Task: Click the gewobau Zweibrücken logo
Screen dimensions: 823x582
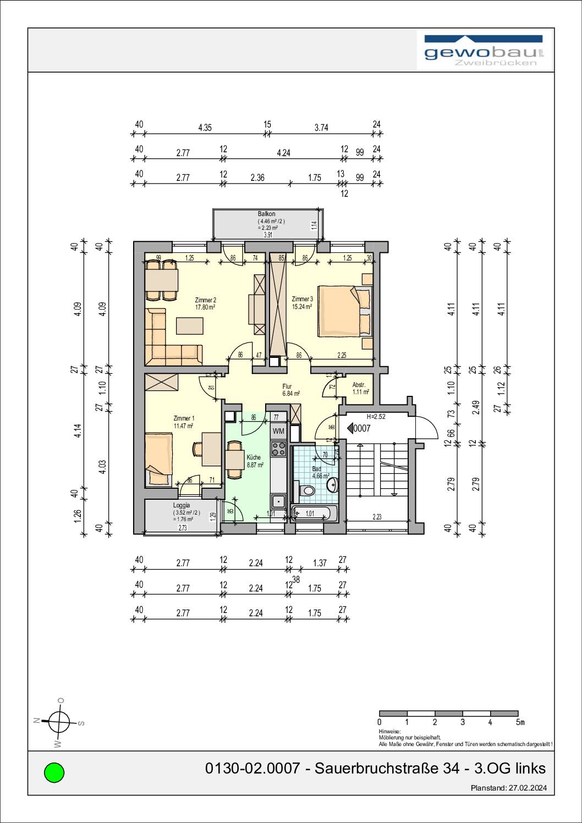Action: point(484,51)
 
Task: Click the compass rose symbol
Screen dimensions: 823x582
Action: point(59,721)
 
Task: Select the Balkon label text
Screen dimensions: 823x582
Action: point(267,214)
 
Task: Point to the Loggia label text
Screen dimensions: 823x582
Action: point(182,505)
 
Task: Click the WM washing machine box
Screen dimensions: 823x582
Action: point(278,431)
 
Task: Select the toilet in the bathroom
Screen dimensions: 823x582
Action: point(307,489)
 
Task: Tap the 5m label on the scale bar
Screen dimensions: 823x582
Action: point(520,722)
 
